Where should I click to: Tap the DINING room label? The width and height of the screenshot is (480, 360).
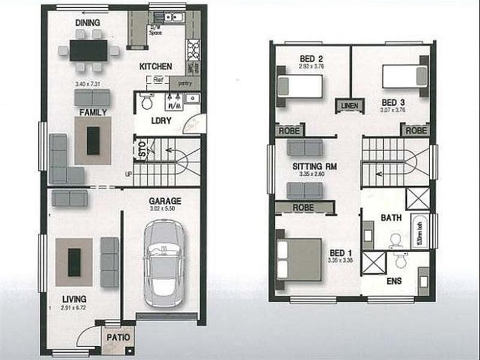click(x=88, y=23)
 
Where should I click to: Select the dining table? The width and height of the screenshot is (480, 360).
click(x=88, y=50)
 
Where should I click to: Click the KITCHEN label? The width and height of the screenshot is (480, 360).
click(x=156, y=66)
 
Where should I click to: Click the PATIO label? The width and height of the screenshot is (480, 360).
click(x=118, y=337)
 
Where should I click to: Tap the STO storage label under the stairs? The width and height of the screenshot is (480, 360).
click(x=142, y=149)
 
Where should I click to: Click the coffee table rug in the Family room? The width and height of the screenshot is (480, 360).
click(x=92, y=140)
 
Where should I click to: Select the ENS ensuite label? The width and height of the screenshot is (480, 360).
click(x=394, y=281)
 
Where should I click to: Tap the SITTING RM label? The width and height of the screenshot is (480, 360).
click(x=311, y=166)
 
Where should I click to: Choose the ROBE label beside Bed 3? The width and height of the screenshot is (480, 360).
click(x=416, y=130)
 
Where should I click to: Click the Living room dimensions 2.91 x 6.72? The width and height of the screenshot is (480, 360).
click(x=74, y=308)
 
